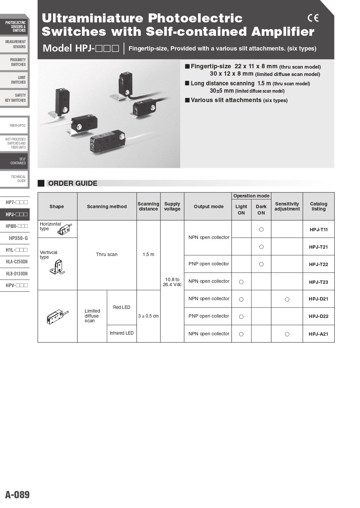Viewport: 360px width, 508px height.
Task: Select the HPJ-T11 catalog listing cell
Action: point(318,230)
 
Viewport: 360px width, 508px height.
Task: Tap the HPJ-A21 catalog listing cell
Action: point(318,334)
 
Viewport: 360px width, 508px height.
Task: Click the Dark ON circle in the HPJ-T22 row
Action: point(261,264)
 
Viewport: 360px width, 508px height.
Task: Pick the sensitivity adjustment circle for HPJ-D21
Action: point(287,299)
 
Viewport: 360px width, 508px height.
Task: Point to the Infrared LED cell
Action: point(122,333)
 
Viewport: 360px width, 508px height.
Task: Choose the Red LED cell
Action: point(122,307)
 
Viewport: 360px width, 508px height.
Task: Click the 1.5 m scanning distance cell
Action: point(148,254)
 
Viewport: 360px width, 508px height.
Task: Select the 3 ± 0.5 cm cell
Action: point(148,316)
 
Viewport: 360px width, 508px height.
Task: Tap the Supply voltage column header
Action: point(172,206)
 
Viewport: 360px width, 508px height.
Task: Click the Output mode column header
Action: point(209,206)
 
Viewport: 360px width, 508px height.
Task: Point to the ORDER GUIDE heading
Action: point(73,183)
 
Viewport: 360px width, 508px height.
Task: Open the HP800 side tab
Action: point(16,226)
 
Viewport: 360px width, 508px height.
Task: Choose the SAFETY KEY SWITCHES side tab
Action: point(15,98)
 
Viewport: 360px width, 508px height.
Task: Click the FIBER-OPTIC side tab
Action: point(17,126)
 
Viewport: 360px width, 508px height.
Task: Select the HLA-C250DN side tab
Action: point(17,262)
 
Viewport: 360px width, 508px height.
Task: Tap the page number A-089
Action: point(17,495)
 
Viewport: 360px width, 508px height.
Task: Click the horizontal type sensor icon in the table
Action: point(64,230)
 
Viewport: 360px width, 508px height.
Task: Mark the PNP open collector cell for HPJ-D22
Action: point(209,316)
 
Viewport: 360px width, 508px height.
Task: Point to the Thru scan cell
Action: point(107,254)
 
